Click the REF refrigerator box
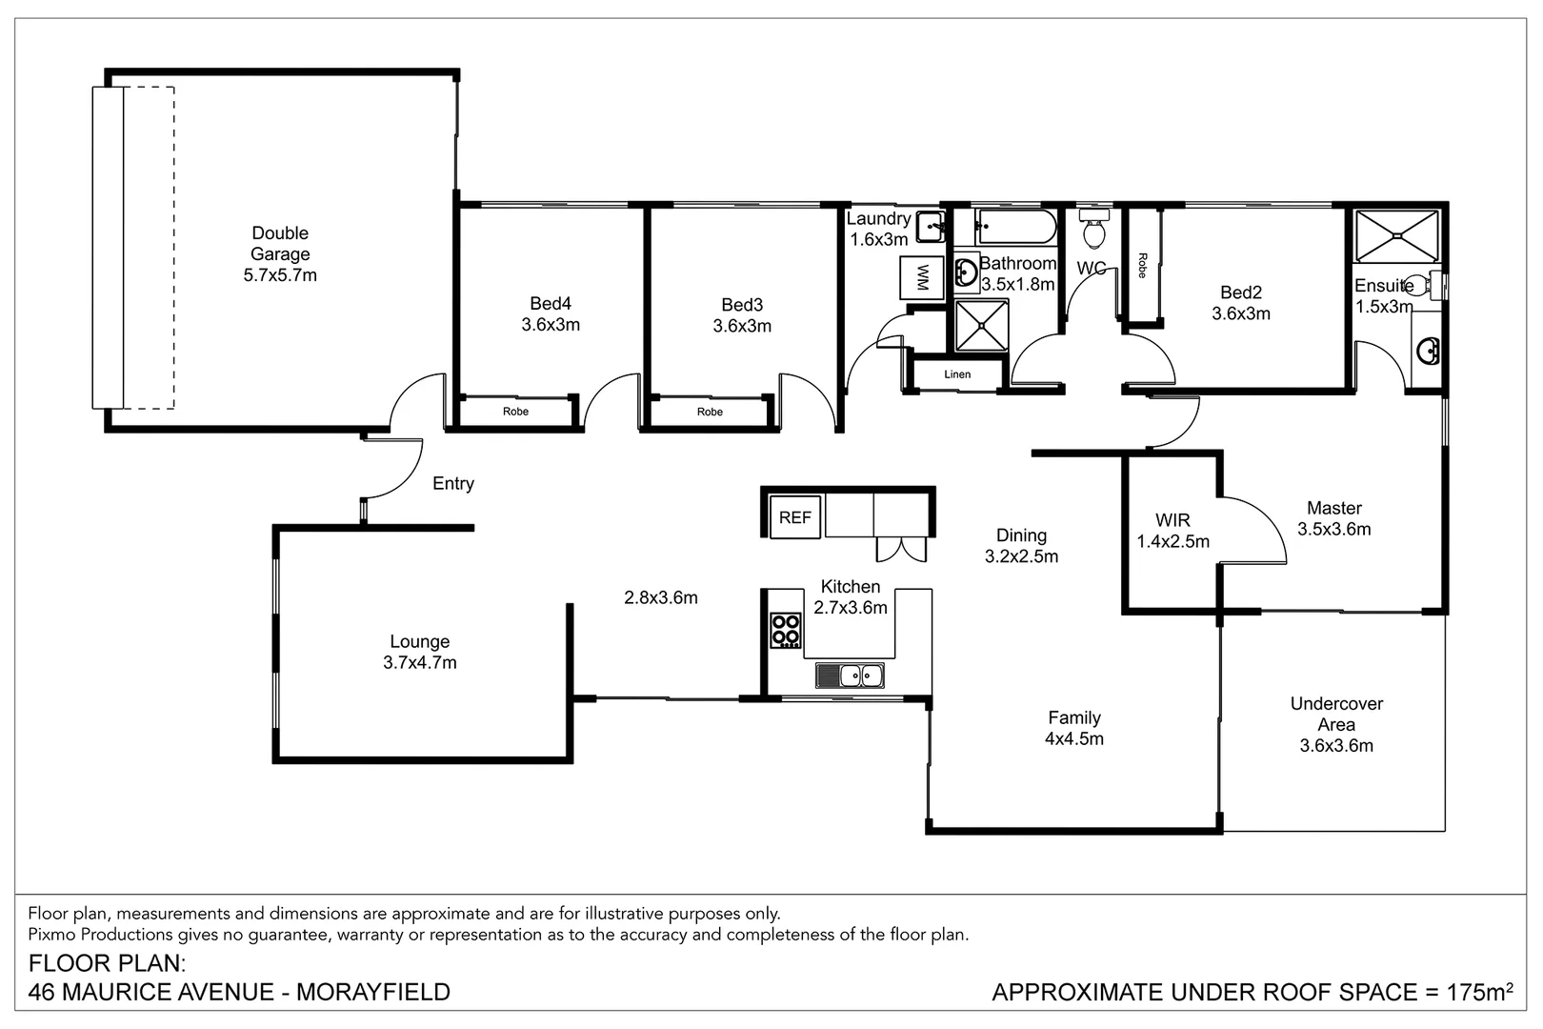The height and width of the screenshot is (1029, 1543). point(794,517)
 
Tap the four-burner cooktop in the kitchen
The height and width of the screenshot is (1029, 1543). point(786,631)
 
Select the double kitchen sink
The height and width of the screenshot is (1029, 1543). point(850,676)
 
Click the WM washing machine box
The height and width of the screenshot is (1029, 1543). point(921,278)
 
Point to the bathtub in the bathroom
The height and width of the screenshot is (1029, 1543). point(1015,228)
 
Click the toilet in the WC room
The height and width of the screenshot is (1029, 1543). point(1094,230)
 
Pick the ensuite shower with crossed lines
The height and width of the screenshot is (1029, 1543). point(1396,236)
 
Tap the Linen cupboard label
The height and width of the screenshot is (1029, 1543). point(957,374)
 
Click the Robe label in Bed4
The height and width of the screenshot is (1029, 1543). point(515,412)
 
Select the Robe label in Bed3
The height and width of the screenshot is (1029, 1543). point(710,412)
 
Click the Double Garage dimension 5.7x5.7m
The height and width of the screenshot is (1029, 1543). point(280,275)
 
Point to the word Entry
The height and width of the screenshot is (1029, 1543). point(452,484)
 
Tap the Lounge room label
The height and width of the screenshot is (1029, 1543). point(419,642)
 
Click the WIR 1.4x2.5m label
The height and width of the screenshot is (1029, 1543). point(1172,531)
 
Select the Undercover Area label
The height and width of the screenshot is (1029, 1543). point(1336,714)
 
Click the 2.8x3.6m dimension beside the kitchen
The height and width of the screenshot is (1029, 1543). point(661,598)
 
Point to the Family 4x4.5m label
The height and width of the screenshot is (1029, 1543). point(1074,728)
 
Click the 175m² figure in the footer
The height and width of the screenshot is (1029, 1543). point(1479,992)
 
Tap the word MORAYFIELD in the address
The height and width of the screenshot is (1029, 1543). point(373,992)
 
